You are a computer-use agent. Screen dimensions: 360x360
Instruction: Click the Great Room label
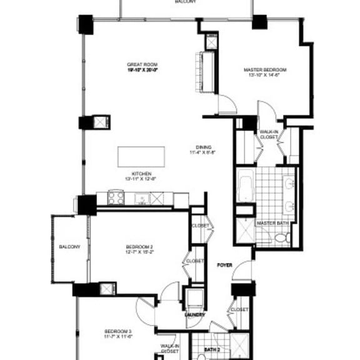142,64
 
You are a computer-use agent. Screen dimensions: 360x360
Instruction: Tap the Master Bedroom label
265,69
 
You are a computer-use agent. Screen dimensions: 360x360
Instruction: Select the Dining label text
203,147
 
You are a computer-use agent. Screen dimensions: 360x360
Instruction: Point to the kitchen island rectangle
141,156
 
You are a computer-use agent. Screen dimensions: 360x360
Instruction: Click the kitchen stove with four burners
116,199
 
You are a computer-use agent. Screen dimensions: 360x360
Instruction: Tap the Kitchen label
141,173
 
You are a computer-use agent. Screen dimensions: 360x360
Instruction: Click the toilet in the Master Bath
281,238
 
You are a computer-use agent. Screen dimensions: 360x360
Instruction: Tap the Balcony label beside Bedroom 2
70,247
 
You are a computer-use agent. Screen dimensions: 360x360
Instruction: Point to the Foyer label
224,266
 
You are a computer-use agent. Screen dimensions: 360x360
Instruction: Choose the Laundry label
195,315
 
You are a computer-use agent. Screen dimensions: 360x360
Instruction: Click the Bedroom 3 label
118,331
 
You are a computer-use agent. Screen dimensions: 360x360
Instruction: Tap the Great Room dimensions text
142,70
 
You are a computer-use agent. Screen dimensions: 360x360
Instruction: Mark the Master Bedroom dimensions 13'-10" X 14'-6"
265,75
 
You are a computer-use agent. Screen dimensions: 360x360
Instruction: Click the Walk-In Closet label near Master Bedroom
269,134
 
